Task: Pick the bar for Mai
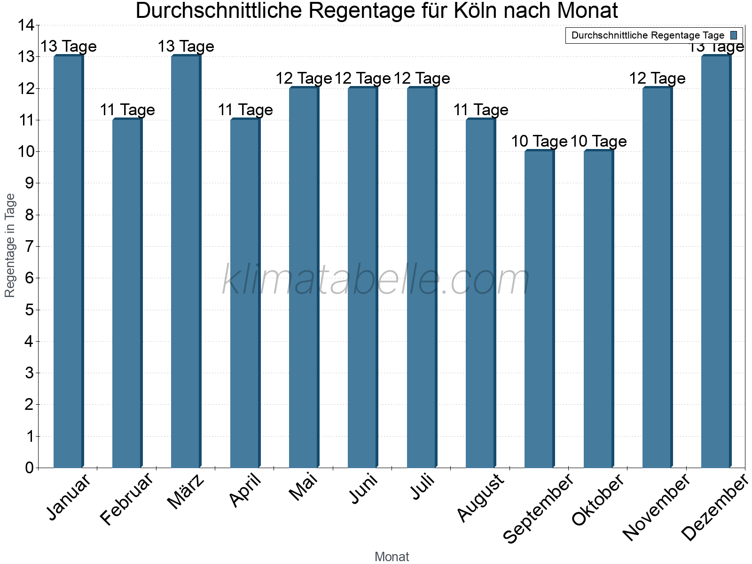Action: point(304,277)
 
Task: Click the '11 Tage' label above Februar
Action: point(127,110)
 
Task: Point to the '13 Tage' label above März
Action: point(186,47)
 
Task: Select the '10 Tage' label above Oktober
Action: point(598,141)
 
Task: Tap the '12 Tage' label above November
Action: point(657,78)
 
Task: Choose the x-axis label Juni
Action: point(363,489)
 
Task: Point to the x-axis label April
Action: point(245,491)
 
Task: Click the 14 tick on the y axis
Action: point(27,25)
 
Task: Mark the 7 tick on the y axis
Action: point(30,246)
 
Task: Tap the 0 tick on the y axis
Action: point(30,468)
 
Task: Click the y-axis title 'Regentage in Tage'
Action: point(10,245)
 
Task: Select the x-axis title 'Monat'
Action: point(392,557)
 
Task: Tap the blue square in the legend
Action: point(734,35)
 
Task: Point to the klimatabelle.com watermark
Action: point(376,280)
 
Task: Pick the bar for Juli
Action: point(422,277)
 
